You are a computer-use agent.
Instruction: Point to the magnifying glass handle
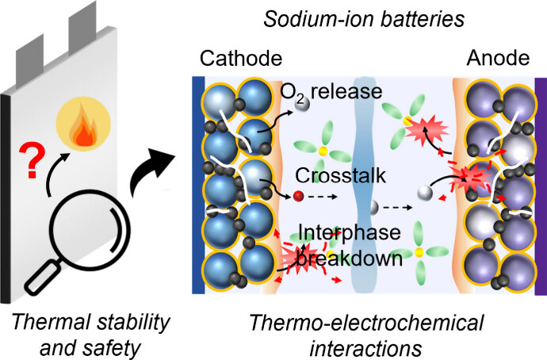pyautogui.click(x=42, y=277)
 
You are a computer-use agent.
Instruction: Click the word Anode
pyautogui.click(x=496, y=59)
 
